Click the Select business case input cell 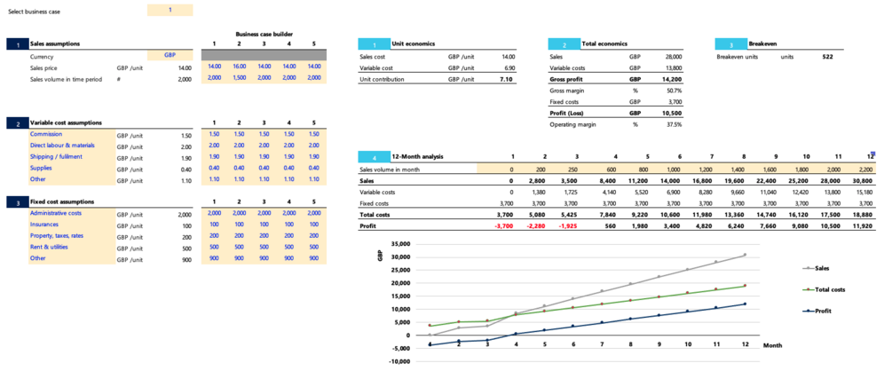pos(169,10)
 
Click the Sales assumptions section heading pos(54,43)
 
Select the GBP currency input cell pos(169,55)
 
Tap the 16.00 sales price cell pos(240,67)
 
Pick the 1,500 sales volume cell pos(240,78)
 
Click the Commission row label pos(46,134)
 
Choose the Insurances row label pos(43,225)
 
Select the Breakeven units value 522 pos(827,56)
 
